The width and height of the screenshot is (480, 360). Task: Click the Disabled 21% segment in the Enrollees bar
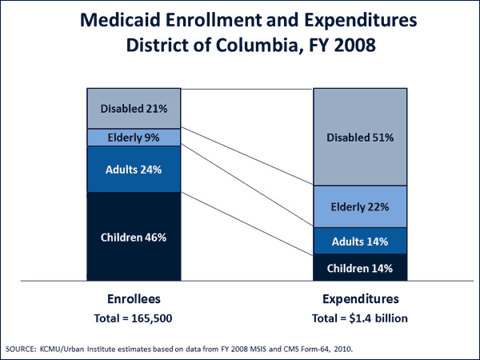click(134, 108)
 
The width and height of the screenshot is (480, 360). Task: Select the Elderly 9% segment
click(134, 138)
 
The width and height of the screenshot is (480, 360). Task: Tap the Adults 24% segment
click(134, 170)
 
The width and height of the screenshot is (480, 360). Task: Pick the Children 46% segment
click(134, 237)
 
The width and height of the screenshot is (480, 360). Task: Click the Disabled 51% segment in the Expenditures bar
click(360, 137)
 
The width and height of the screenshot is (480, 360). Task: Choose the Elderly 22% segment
click(360, 207)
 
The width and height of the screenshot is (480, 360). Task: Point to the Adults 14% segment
click(360, 241)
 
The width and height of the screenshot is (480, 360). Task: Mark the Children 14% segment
click(360, 267)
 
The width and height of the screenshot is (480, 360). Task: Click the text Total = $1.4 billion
click(360, 318)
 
